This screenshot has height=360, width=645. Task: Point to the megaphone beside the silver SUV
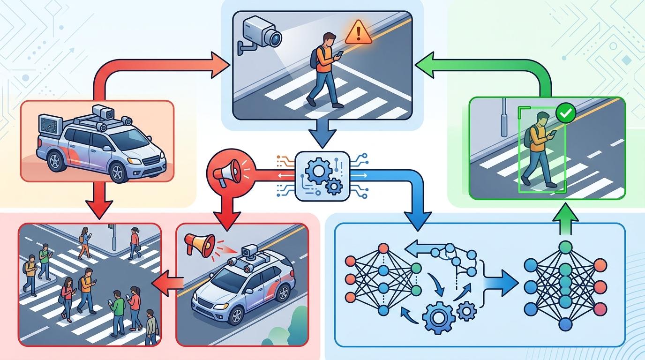pos(198,244)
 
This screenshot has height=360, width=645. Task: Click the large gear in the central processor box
pos(315,171)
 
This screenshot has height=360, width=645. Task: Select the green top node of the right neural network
pos(565,247)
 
